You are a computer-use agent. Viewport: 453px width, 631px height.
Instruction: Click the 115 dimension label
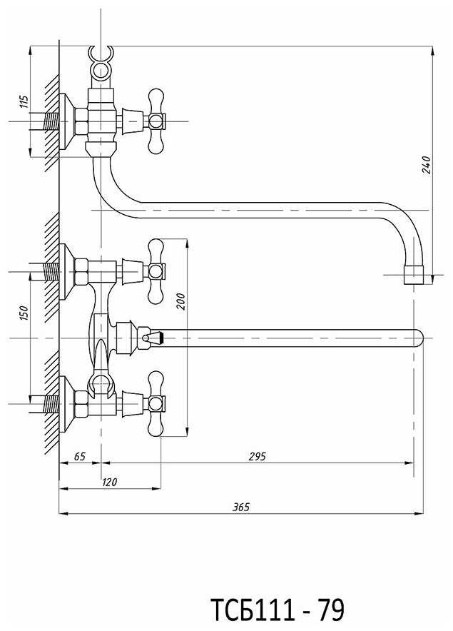pos(24,101)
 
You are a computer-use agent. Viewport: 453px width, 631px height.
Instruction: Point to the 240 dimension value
pos(426,165)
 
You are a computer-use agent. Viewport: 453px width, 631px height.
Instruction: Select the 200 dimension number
pos(181,301)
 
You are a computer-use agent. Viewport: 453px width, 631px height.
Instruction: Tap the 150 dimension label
pos(24,313)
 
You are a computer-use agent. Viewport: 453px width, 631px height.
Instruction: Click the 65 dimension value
pos(80,456)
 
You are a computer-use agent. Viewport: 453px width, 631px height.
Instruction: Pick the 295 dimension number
pos(258,456)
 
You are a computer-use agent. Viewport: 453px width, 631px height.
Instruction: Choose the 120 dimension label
pos(109,482)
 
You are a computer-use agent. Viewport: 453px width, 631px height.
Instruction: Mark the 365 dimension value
pos(241,507)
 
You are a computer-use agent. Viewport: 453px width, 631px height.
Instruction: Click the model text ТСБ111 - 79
pos(278,610)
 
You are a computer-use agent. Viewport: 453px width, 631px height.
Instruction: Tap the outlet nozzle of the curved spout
pos(414,275)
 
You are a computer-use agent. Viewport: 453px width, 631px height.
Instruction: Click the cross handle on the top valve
pos(156,121)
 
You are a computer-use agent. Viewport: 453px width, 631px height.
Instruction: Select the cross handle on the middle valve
pos(156,272)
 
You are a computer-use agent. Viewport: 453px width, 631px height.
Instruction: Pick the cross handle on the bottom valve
pos(156,403)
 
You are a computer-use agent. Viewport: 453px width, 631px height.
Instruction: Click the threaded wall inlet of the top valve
pos(51,121)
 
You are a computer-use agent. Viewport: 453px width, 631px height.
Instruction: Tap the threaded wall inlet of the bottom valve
pos(51,404)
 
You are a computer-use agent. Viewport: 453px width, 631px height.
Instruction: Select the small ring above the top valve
pos(101,70)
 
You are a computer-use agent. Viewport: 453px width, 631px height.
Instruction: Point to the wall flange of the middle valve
pos(67,272)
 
